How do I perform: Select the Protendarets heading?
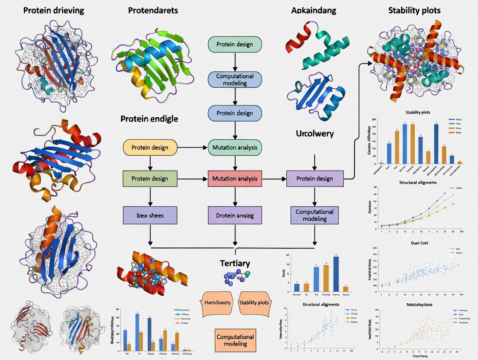[153, 10]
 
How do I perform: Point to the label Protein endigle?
[149, 119]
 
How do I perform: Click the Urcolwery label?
[314, 133]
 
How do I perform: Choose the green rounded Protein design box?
[235, 45]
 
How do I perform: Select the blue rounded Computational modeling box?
[235, 79]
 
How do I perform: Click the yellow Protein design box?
[150, 148]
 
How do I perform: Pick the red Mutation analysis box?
[235, 178]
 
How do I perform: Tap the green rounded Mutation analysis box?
[235, 148]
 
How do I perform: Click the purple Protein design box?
[315, 178]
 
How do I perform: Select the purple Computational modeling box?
[314, 215]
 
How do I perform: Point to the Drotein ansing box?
[235, 215]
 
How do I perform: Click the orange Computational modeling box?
[235, 340]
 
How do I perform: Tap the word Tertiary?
[235, 263]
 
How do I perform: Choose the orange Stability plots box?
[253, 302]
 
